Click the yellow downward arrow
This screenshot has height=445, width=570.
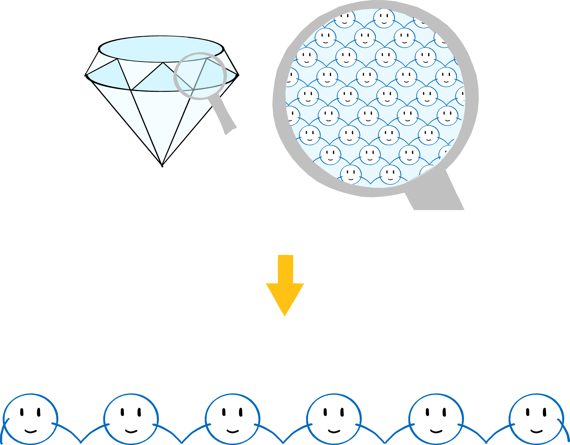(285, 282)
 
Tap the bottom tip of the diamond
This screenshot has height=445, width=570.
(162, 165)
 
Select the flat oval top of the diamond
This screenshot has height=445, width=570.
(161, 49)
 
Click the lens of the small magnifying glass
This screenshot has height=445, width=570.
(200, 76)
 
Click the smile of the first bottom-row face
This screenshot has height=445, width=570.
(31, 431)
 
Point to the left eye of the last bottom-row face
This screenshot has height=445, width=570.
(528, 412)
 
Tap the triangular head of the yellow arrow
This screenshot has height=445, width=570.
(285, 298)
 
